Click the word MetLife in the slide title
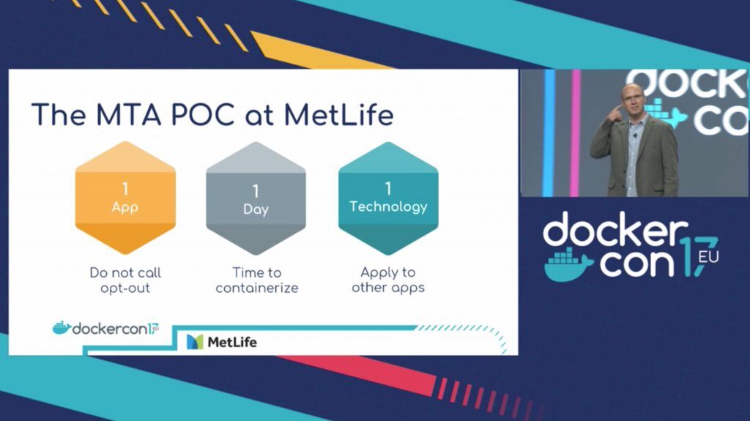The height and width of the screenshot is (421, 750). point(338,115)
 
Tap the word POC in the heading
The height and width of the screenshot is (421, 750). point(202,115)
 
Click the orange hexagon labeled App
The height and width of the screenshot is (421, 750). point(125,198)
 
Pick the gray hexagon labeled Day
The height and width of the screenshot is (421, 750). point(256,198)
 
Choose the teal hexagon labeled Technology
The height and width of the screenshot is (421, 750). point(388,198)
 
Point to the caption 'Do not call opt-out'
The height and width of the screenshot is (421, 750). point(125,280)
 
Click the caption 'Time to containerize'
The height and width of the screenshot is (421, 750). point(257,280)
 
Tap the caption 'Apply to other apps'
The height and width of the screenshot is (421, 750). point(388,280)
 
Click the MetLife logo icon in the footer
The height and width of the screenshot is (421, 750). point(195,342)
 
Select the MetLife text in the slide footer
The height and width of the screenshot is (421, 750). point(232,342)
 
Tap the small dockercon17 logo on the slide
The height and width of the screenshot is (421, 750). point(105,328)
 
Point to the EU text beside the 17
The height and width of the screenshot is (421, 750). point(708,257)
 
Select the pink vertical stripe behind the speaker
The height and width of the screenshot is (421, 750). point(576,133)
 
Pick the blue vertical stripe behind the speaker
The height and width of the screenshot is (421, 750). point(549,133)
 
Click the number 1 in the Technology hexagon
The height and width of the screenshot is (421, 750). point(388,188)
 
